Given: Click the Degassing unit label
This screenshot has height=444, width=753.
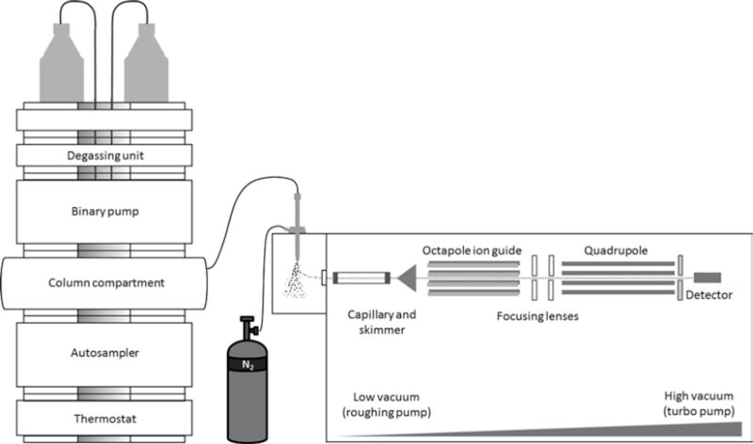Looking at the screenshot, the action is (x=105, y=155).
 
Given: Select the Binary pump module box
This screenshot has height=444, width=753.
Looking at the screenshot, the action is (x=104, y=212).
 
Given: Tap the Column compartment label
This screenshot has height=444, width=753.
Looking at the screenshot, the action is (x=106, y=283).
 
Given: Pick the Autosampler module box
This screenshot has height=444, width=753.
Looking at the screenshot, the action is (x=104, y=355).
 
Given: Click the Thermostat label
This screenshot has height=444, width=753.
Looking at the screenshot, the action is (x=105, y=419).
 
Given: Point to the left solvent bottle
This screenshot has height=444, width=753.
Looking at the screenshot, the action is (x=61, y=63).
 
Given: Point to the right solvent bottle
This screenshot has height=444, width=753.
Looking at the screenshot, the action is (x=147, y=63).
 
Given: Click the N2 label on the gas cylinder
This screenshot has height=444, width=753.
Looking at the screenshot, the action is (x=248, y=365).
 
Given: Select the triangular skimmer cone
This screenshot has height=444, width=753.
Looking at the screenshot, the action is (x=408, y=277).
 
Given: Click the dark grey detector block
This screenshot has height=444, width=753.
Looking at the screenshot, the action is (x=708, y=277).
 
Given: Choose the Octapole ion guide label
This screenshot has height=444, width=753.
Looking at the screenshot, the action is (x=473, y=250).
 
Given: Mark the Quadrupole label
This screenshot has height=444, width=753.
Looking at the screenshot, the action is (x=616, y=250).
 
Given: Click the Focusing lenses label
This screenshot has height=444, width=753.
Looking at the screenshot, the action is (x=537, y=316).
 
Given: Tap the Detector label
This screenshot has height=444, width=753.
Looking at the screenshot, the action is (x=709, y=294).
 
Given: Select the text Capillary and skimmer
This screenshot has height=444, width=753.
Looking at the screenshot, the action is (x=382, y=322).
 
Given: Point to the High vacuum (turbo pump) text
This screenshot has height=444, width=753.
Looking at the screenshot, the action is (x=699, y=404).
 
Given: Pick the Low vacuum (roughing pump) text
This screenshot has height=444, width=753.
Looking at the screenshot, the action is (x=387, y=404).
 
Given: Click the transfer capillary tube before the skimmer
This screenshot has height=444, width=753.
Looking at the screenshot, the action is (x=361, y=277).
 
